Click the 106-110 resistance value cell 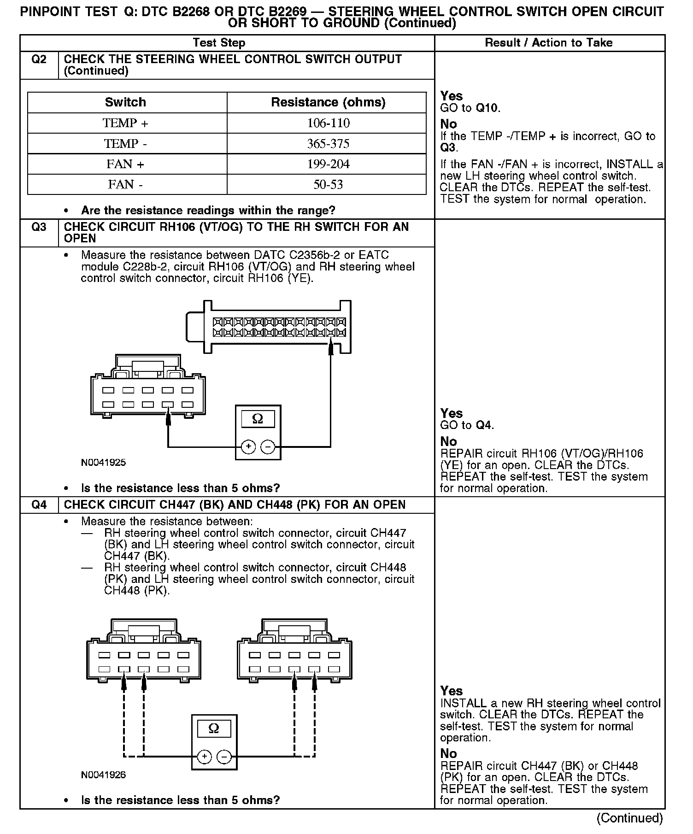pos(328,123)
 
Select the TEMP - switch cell pos(125,144)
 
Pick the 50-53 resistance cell pos(328,185)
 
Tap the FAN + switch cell pos(125,164)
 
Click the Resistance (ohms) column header pos(328,102)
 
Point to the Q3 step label pos(39,227)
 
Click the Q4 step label pos(39,505)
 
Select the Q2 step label pos(39,59)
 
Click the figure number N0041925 pos(103,463)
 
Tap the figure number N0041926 pos(103,775)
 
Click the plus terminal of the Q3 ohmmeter pos(248,446)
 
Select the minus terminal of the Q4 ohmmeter pos(224,757)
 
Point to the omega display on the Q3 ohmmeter pos(258,419)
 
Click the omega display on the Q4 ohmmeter pos(214,728)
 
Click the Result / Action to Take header pos(549,43)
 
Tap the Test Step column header pos(219,43)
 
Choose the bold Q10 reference pos(487,108)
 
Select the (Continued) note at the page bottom pos(629,818)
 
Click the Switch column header pos(125,102)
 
